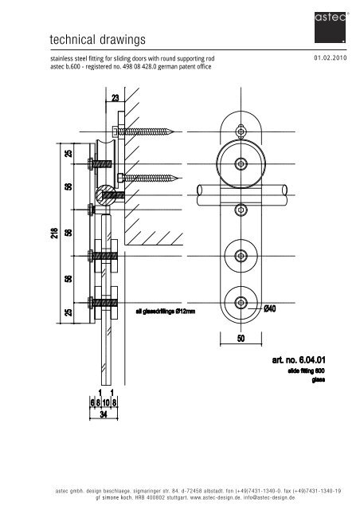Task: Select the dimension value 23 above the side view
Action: click(x=115, y=99)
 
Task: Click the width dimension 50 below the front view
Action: click(x=241, y=339)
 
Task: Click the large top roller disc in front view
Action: click(x=241, y=163)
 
